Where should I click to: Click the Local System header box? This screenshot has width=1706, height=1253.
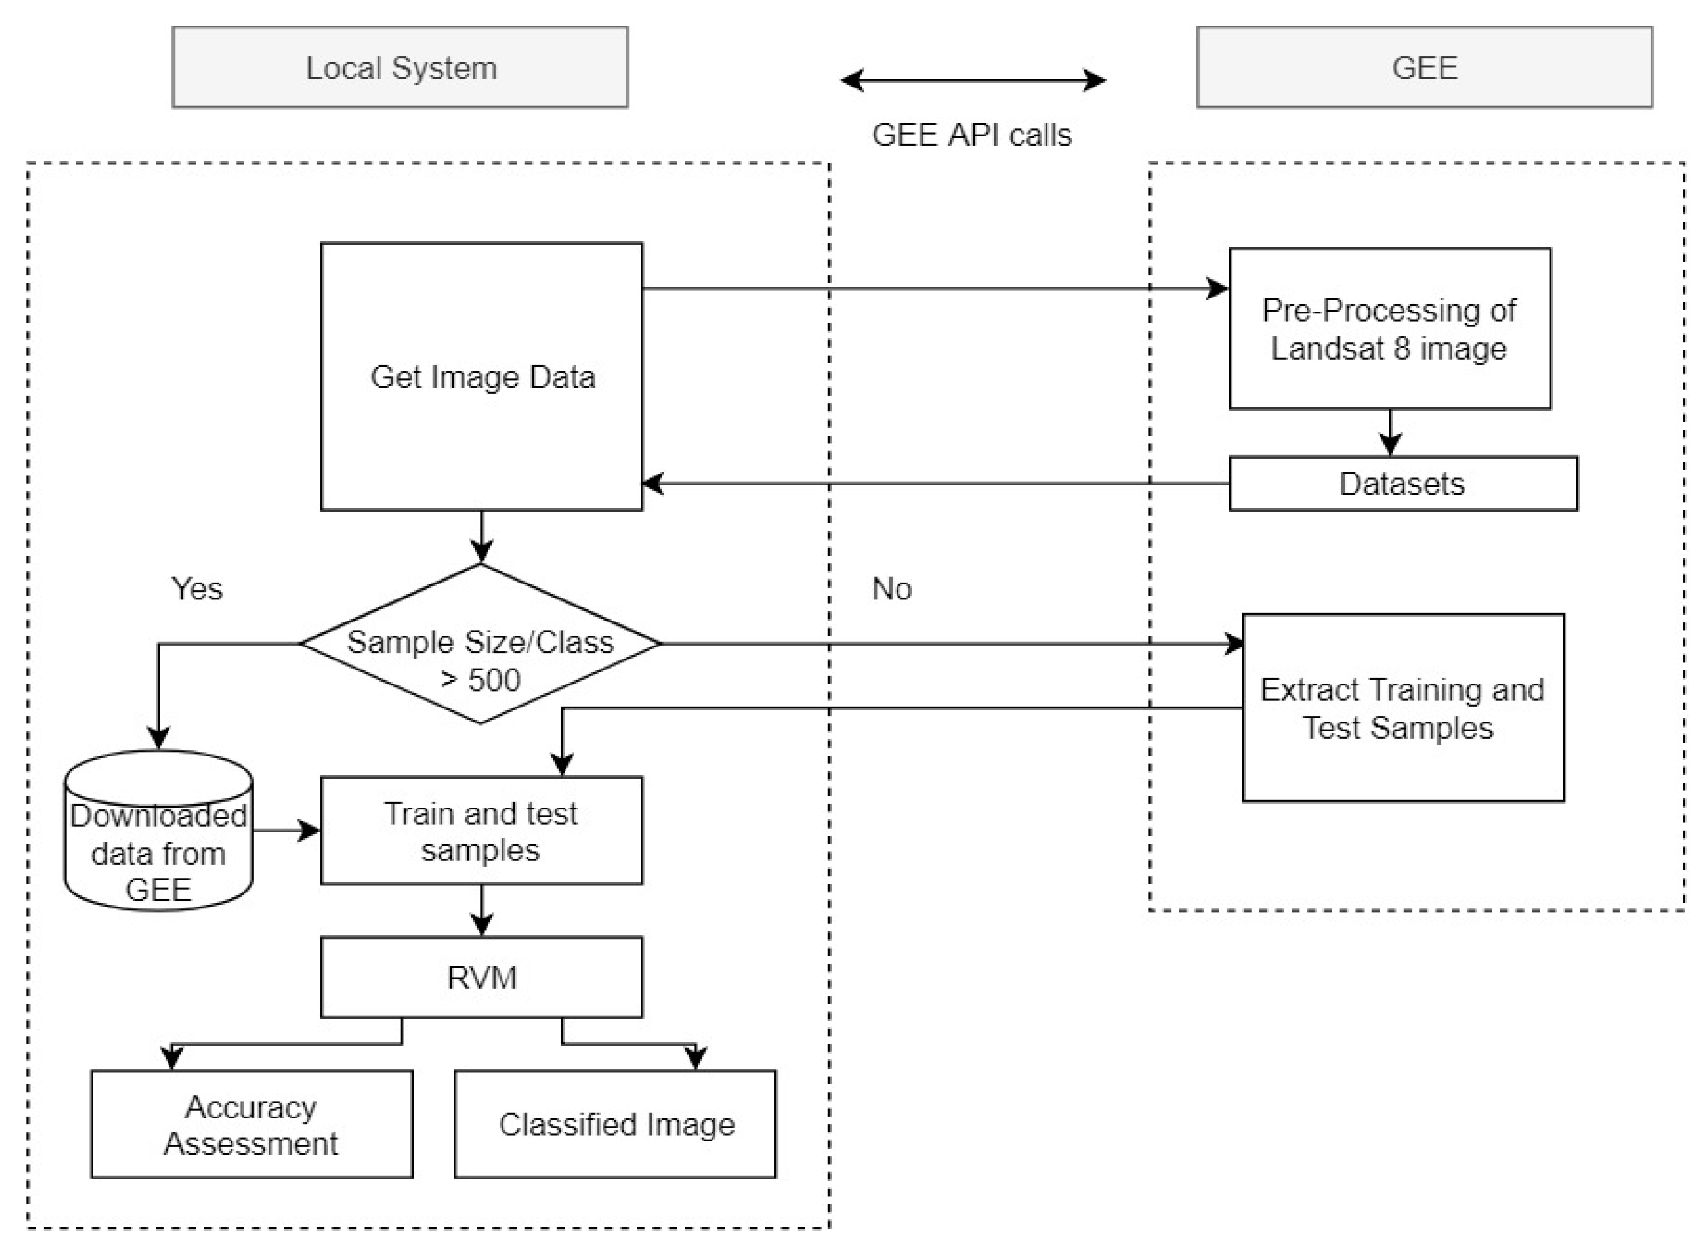[400, 67]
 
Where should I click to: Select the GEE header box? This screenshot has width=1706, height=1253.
[1424, 67]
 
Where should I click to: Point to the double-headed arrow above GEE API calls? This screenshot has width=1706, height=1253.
[973, 80]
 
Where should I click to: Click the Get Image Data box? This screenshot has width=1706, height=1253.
[482, 377]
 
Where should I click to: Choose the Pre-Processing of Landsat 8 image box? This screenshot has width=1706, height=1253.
[1389, 328]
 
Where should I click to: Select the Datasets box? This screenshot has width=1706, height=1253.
[1403, 483]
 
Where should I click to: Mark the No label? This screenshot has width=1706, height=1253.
[891, 589]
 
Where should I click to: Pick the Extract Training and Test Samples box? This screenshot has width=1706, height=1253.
[1403, 708]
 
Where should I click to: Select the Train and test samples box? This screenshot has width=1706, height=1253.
[481, 831]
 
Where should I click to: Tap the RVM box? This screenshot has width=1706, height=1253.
[481, 978]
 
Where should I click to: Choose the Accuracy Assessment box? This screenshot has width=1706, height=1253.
[251, 1125]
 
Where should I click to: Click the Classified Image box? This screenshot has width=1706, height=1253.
[615, 1125]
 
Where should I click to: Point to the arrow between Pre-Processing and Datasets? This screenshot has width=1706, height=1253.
[1389, 432]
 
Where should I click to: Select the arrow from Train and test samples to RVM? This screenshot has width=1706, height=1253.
[482, 910]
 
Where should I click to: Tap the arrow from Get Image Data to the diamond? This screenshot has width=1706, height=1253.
[482, 537]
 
